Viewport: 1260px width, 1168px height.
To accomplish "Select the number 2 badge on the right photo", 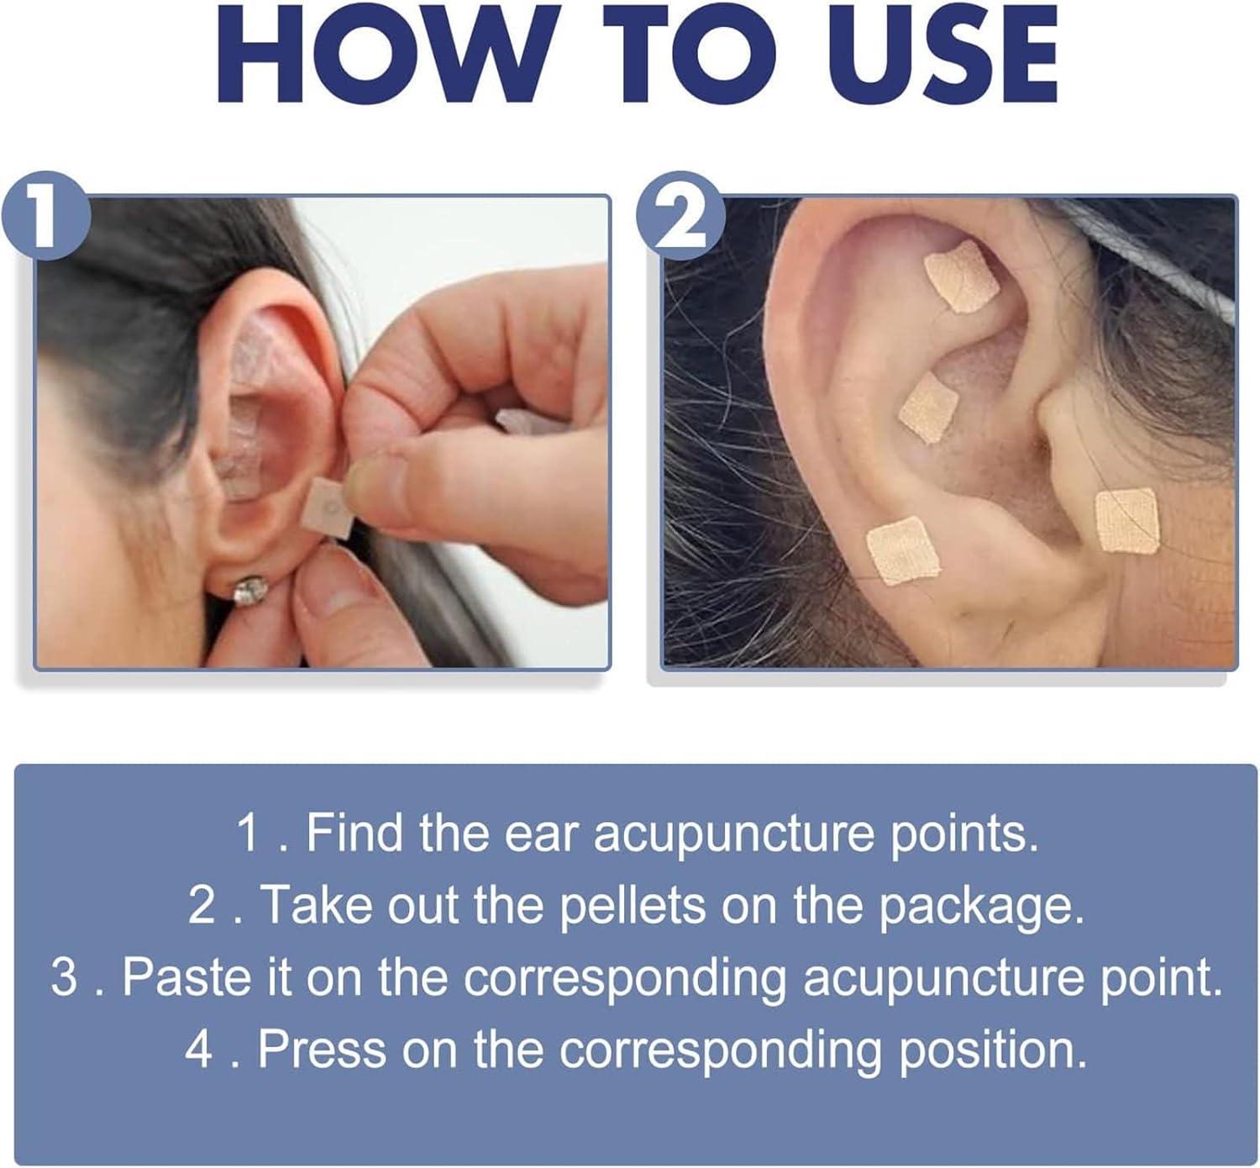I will (680, 218).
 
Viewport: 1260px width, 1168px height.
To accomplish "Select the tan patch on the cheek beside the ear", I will (1126, 520).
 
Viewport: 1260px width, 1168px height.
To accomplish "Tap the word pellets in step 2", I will (637, 905).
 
